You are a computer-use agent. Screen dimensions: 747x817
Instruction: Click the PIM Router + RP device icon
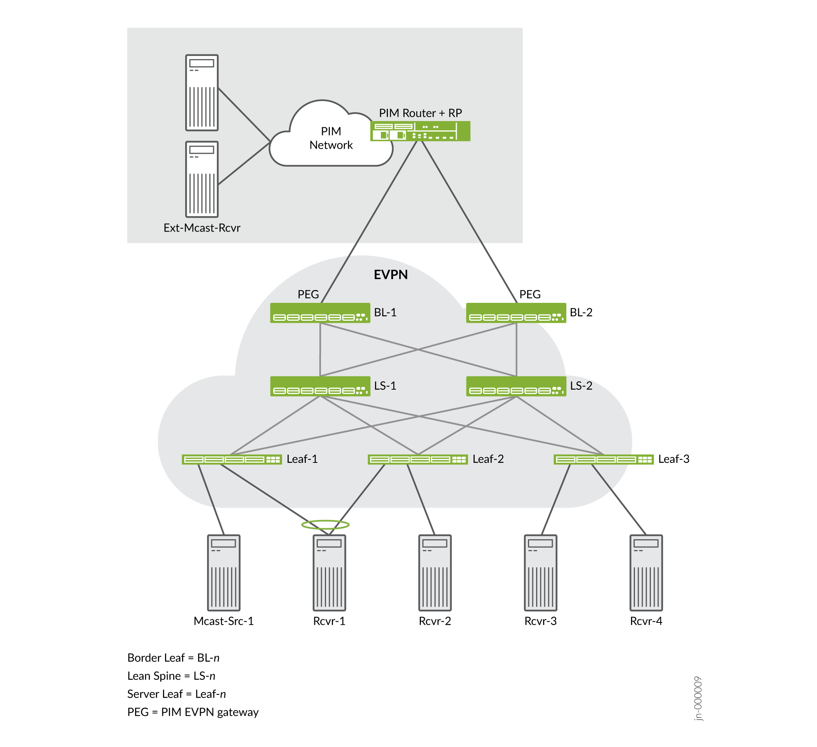tap(420, 131)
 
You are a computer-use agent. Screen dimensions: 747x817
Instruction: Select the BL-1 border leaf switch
tap(320, 313)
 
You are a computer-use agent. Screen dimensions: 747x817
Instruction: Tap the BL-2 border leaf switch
tap(516, 313)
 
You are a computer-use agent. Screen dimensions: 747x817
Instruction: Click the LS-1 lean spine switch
tap(320, 387)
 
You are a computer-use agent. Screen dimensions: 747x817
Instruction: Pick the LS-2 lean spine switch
tap(516, 387)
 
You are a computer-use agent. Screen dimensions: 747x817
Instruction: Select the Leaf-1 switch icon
tap(232, 459)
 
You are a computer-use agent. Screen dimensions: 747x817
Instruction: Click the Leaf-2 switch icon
tap(418, 459)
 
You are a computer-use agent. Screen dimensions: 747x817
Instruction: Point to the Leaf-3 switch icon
tap(603, 459)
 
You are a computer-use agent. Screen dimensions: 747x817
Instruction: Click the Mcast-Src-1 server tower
tap(224, 573)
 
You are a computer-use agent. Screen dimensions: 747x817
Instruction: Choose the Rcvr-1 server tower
tap(330, 573)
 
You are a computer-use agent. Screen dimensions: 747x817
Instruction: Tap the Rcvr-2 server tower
tap(435, 573)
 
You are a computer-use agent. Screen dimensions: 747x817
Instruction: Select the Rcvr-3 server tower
tap(541, 573)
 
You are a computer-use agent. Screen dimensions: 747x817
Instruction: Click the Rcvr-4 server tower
tap(646, 573)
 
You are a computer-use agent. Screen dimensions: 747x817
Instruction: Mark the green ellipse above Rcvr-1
tap(325, 525)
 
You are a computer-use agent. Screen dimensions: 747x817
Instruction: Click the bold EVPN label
tap(391, 275)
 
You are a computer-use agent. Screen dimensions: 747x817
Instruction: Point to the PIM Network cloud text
tap(331, 138)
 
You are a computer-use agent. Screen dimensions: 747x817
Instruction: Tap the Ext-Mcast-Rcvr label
tap(202, 228)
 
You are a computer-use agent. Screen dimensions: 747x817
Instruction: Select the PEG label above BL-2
tap(530, 294)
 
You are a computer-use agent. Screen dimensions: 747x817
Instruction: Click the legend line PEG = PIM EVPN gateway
tap(193, 712)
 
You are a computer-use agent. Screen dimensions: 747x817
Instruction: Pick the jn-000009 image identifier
tap(698, 698)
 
